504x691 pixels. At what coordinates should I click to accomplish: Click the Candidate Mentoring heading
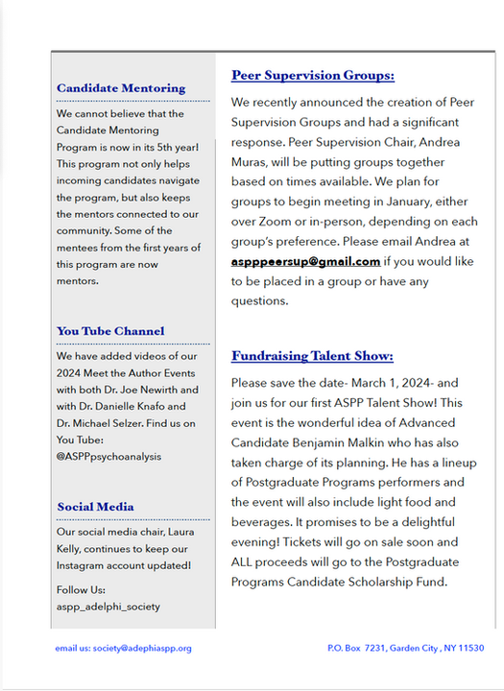121,88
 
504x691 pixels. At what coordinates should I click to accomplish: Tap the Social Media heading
95,506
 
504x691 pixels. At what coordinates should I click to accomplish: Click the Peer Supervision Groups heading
313,76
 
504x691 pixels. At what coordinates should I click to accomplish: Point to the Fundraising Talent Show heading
312,356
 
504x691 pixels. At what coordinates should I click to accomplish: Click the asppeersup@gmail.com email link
305,261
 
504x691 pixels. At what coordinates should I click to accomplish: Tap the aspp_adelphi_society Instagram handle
108,607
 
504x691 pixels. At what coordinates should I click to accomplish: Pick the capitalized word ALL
247,561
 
